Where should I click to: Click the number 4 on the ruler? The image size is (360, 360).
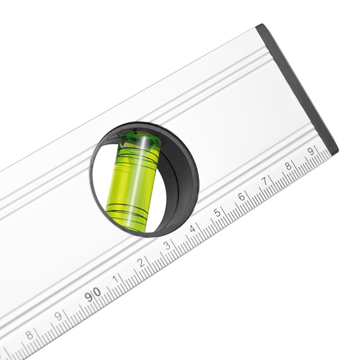click(193, 229)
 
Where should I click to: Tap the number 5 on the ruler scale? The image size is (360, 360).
click(217, 213)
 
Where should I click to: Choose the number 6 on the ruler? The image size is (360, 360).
click(242, 197)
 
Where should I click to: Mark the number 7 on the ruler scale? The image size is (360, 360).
click(265, 181)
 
